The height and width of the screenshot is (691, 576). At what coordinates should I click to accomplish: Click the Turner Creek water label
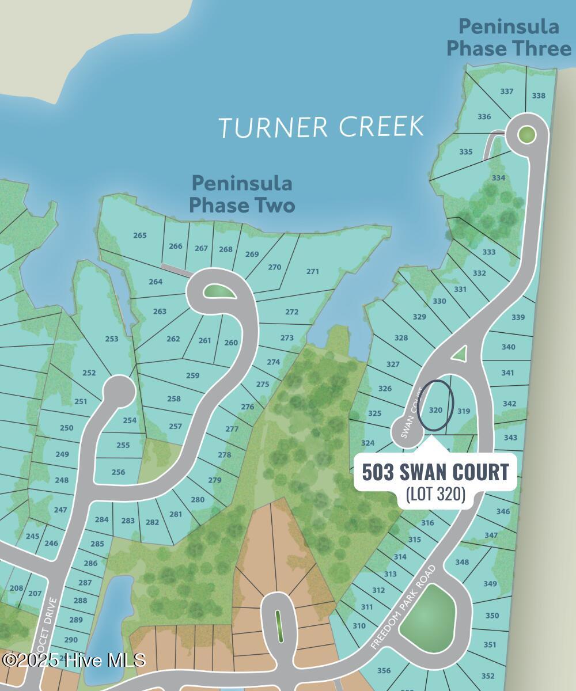321,126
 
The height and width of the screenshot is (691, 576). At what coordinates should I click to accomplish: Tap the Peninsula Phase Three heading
509,37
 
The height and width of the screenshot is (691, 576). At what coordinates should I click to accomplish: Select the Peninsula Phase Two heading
242,194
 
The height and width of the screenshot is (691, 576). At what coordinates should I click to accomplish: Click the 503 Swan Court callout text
435,472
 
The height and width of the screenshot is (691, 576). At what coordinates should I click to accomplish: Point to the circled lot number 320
436,411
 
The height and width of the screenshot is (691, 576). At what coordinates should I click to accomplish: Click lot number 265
140,235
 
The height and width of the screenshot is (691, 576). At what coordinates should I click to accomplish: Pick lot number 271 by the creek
313,271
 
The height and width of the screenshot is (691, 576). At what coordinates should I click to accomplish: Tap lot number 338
539,96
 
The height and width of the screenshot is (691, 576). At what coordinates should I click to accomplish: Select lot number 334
498,178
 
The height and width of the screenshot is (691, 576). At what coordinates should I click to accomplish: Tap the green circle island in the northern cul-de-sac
526,135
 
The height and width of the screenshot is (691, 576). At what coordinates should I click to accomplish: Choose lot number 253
112,339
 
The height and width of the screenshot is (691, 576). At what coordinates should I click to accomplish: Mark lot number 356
384,670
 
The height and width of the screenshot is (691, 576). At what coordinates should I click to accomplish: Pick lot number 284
102,519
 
